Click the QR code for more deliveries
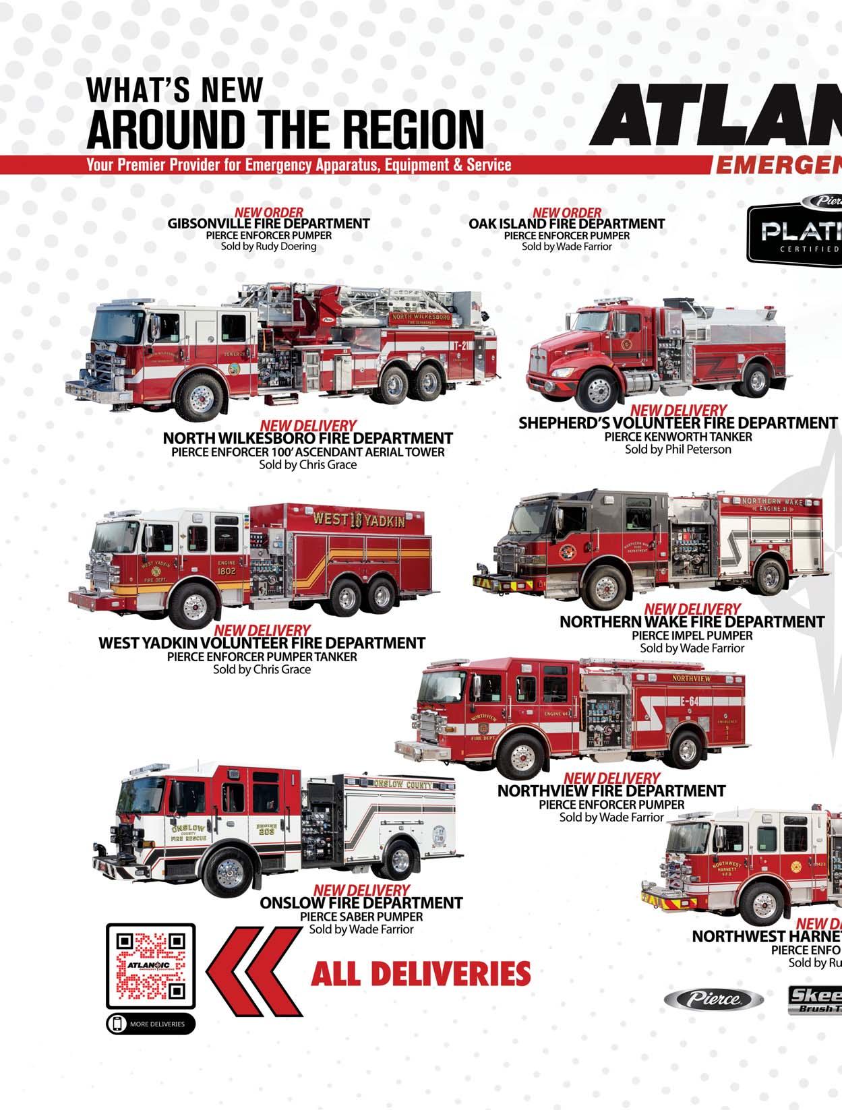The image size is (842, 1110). click(x=150, y=966)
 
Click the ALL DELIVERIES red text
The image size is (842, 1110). click(x=420, y=974)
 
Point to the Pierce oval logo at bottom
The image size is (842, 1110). click(x=714, y=999)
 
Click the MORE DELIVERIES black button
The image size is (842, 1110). click(x=150, y=1024)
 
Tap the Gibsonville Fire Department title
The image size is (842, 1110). click(x=268, y=223)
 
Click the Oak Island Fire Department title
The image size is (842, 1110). click(x=566, y=223)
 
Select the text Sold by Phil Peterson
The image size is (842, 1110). click(x=678, y=450)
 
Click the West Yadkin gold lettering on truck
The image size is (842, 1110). click(x=359, y=520)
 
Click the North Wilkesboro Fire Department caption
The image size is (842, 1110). click(x=307, y=439)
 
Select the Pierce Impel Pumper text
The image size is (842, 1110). click(x=692, y=635)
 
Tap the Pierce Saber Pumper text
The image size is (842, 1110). click(x=361, y=917)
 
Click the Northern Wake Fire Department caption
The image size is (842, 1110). click(x=692, y=621)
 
